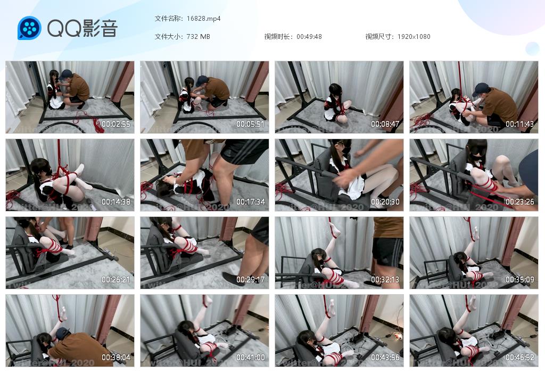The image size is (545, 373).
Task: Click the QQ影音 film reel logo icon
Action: [29, 28]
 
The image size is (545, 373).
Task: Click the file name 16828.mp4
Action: [204, 19]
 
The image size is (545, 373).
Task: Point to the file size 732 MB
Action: [198, 37]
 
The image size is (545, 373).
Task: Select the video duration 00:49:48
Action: [309, 37]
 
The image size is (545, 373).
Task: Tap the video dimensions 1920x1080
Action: [414, 37]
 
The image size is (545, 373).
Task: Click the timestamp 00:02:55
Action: [116, 124]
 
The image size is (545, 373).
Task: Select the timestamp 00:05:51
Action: [251, 124]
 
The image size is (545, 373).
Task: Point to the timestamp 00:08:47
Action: [385, 124]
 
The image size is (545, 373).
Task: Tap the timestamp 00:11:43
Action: [520, 124]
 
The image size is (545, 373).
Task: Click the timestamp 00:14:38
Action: [116, 202]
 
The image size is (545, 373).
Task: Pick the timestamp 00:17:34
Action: [251, 202]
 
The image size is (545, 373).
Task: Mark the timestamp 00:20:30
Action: [385, 202]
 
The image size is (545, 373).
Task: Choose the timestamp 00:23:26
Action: [520, 202]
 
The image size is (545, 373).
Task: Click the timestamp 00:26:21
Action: [116, 280]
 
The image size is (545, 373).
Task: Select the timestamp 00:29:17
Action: [251, 280]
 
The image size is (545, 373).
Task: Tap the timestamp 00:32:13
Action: [385, 280]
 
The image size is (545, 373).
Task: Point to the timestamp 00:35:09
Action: [520, 280]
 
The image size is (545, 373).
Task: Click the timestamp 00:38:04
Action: [116, 358]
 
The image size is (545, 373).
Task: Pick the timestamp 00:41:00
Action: [251, 358]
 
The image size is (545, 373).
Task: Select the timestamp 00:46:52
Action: [520, 358]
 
